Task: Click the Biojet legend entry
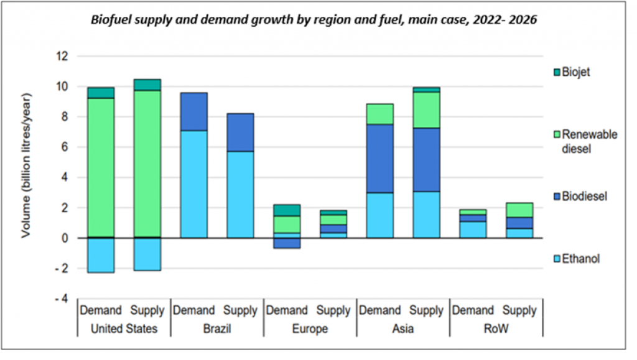point(575,72)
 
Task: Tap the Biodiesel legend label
point(585,196)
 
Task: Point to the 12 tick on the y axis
point(60,57)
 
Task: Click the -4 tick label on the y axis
point(60,299)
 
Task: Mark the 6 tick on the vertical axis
point(63,147)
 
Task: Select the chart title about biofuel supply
point(314,20)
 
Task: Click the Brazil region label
point(216,329)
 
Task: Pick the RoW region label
point(497,329)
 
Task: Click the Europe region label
point(310,329)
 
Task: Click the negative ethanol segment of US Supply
point(147,254)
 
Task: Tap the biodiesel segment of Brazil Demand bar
point(193,111)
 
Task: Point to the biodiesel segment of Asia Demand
point(379,158)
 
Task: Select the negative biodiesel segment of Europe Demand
point(286,243)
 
